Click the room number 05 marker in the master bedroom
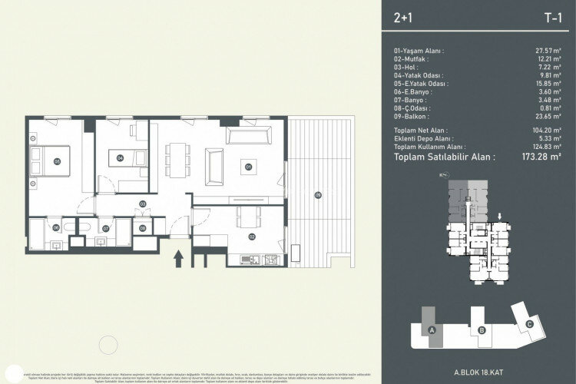[58, 161]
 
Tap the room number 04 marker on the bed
[121, 157]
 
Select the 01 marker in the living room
[248, 165]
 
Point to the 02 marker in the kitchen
[252, 237]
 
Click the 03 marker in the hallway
[143, 203]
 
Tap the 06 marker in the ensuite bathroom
[57, 228]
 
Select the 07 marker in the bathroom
[106, 228]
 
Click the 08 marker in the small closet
[143, 228]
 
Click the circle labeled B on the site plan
[481, 330]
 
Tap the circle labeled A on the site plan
[432, 330]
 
